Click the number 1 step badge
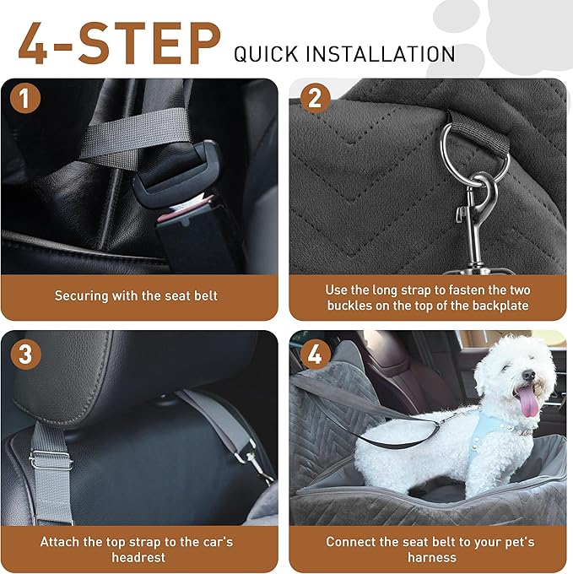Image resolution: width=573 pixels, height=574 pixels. click(x=26, y=100)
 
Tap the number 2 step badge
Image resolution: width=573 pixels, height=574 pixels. click(x=315, y=100)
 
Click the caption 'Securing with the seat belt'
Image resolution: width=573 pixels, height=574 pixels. click(x=136, y=295)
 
